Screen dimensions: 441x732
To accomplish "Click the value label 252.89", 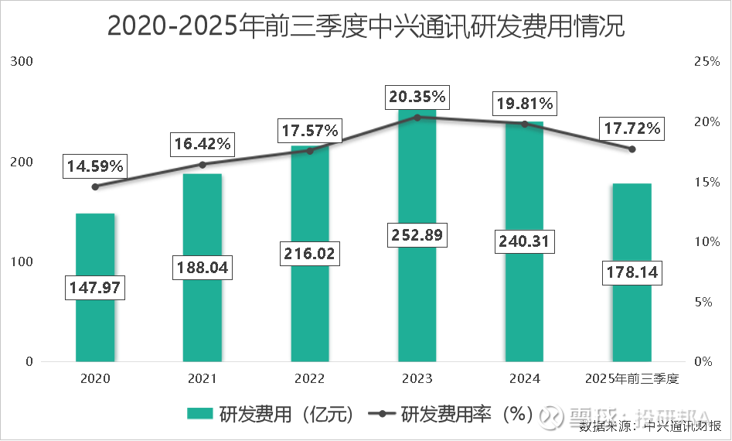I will pyautogui.click(x=417, y=236).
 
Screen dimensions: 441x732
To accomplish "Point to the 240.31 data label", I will pyautogui.click(x=524, y=241).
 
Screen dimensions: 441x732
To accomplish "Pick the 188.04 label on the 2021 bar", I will pyautogui.click(x=203, y=268).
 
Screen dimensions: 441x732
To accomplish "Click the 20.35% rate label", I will pyautogui.click(x=417, y=97).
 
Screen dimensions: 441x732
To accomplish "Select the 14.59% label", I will pyautogui.click(x=95, y=166).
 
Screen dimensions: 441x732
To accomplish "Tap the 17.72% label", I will pyautogui.click(x=632, y=128).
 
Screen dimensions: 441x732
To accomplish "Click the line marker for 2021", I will pyautogui.click(x=203, y=164).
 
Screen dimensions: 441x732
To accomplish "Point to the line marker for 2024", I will pyautogui.click(x=524, y=124).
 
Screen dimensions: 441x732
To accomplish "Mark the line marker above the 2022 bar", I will pyautogui.click(x=310, y=151).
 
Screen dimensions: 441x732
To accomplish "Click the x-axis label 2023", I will pyautogui.click(x=417, y=379).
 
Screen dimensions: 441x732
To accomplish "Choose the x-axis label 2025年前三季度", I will pyautogui.click(x=632, y=379).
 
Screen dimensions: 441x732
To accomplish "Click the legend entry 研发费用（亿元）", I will pyautogui.click(x=271, y=415).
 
